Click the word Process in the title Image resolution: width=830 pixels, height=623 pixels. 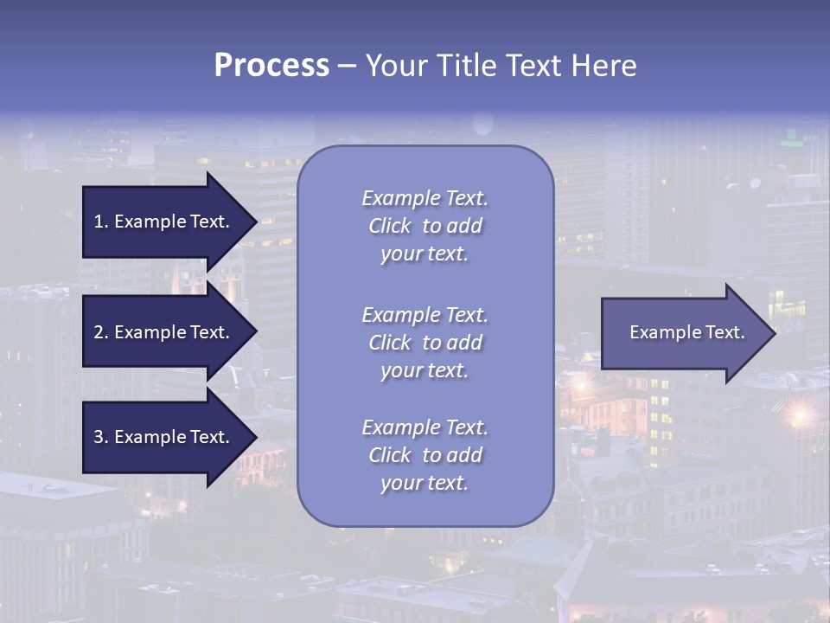(271, 66)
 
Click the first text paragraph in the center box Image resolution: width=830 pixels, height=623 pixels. (425, 226)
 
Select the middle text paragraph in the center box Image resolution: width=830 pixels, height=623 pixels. (425, 343)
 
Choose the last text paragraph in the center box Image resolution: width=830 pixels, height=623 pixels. (425, 455)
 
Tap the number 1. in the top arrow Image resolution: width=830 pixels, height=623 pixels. (101, 222)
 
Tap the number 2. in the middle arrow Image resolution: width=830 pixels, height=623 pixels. (101, 332)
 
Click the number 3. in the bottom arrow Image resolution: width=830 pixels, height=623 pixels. (101, 437)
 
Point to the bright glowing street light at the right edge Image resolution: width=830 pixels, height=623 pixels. (800, 416)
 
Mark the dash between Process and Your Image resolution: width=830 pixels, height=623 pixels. (347, 67)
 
